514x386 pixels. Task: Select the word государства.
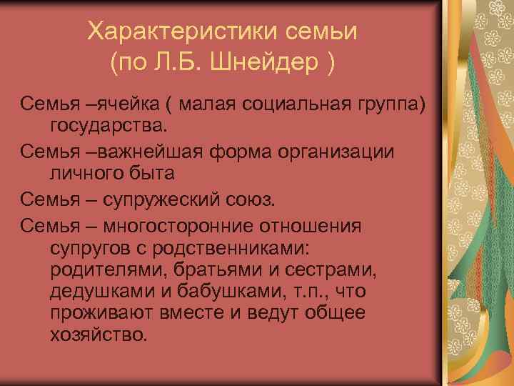pyautogui.click(x=108, y=127)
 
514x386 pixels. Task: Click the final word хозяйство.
pyautogui.click(x=98, y=333)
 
